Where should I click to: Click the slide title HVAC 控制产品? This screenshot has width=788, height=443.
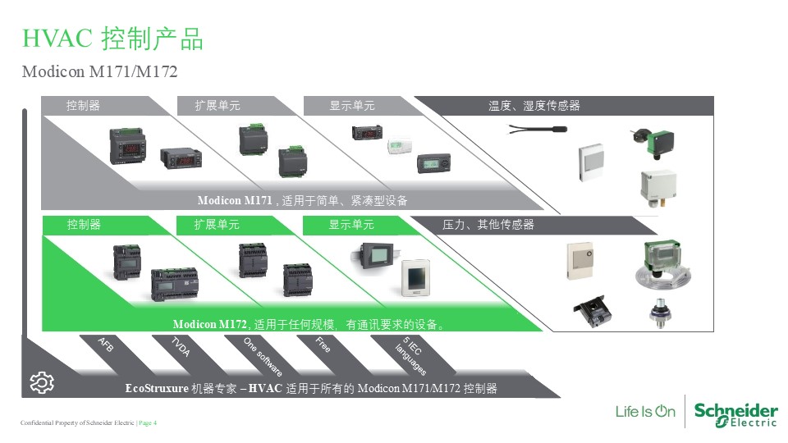(112, 39)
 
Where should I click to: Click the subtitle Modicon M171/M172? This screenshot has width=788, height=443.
(99, 72)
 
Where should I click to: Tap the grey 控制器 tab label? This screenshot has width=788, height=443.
(84, 106)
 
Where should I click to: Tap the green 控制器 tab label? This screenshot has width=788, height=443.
(84, 225)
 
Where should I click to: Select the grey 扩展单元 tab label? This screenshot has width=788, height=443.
(218, 106)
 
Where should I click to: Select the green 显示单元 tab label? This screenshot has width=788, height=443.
(351, 225)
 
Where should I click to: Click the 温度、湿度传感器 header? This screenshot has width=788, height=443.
(534, 106)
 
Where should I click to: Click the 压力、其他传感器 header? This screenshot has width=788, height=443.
(488, 225)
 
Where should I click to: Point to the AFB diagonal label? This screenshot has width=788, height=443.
(106, 345)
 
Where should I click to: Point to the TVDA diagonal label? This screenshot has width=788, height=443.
(181, 347)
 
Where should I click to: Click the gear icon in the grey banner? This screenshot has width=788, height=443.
(42, 382)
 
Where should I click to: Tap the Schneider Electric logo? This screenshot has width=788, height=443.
(735, 413)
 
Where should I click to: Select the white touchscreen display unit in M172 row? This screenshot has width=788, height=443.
(416, 280)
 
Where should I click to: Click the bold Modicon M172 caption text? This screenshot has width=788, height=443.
(210, 325)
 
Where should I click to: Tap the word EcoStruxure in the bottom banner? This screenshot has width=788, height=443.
(157, 388)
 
